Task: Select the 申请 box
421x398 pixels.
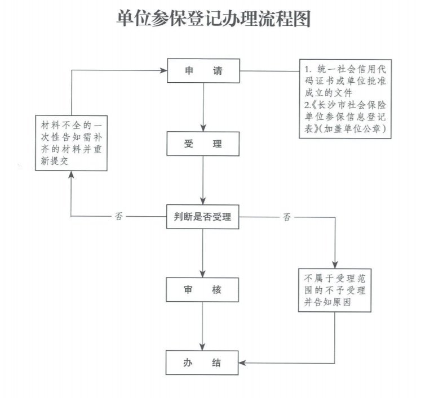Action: (203, 71)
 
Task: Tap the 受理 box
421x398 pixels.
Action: (203, 144)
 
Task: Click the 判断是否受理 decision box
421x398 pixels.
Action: (203, 217)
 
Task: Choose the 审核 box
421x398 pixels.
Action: (203, 290)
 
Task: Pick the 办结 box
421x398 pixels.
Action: (203, 363)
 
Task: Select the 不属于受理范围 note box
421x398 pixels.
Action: (335, 289)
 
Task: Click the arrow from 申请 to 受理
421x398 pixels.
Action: (203, 107)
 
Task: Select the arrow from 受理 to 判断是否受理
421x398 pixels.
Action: (203, 180)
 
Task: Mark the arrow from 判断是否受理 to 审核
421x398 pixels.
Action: (203, 253)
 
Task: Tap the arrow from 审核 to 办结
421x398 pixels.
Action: (203, 327)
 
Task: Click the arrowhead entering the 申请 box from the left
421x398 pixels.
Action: (163, 71)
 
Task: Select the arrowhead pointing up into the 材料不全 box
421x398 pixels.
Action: (72, 175)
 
